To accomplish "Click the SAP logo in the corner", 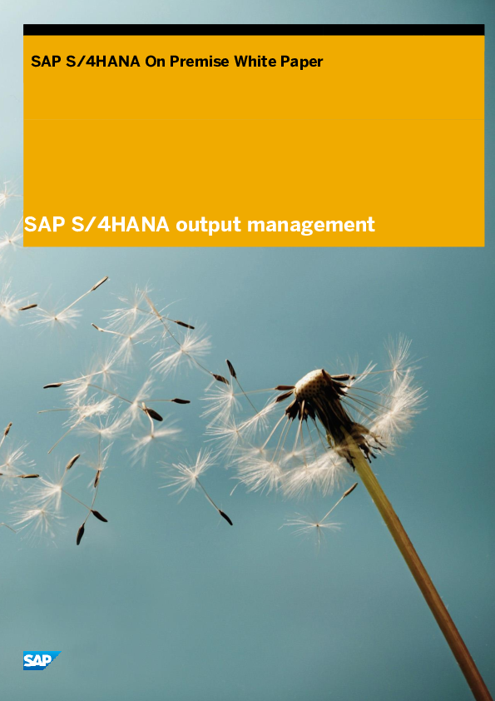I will [41, 660].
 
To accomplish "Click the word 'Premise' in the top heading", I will [200, 62].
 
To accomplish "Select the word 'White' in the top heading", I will [254, 62].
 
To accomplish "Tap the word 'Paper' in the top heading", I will [300, 62].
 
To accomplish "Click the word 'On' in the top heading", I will [156, 62].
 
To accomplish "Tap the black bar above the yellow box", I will [254, 30].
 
